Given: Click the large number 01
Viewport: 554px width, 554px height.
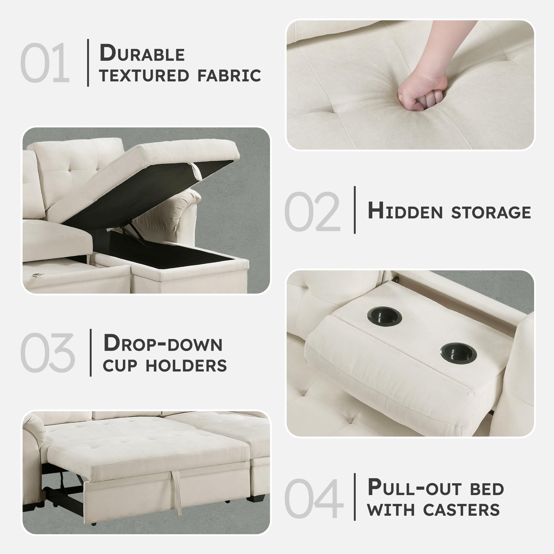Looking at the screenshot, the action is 45,63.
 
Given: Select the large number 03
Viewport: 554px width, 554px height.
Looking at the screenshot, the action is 48,353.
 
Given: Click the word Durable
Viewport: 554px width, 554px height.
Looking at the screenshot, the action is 142,53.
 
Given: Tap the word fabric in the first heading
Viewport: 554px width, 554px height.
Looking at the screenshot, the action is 229,75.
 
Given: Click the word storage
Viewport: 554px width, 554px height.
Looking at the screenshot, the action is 491,213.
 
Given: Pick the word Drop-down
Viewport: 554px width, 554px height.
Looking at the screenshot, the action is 163,343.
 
